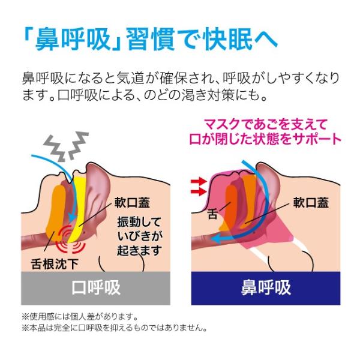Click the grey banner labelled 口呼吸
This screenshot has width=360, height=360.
[x=96, y=287]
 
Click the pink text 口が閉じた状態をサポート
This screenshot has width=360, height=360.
[x=273, y=140]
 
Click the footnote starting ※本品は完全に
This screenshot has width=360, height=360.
[x=114, y=328]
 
